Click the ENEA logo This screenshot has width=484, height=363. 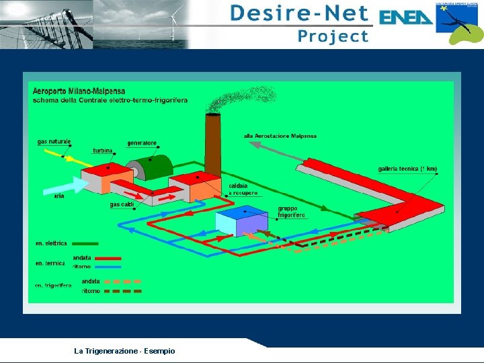[x=406, y=17]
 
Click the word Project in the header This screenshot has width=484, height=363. [x=333, y=36]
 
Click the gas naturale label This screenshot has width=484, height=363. [x=54, y=142]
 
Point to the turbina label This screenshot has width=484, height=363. [x=102, y=151]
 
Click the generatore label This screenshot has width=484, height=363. [x=142, y=143]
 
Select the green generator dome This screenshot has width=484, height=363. [x=157, y=167]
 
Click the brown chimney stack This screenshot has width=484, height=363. [x=212, y=145]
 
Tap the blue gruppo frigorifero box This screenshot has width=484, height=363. [x=242, y=220]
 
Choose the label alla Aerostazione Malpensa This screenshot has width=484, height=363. [x=280, y=136]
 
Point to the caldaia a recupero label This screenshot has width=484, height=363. [x=243, y=189]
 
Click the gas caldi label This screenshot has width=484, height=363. [x=122, y=204]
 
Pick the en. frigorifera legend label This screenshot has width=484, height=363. [x=53, y=286]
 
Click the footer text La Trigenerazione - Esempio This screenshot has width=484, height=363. [x=124, y=351]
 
